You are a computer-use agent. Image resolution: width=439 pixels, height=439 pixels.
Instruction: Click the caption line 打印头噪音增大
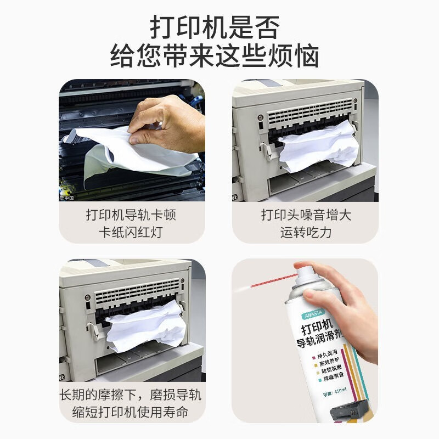305,214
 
